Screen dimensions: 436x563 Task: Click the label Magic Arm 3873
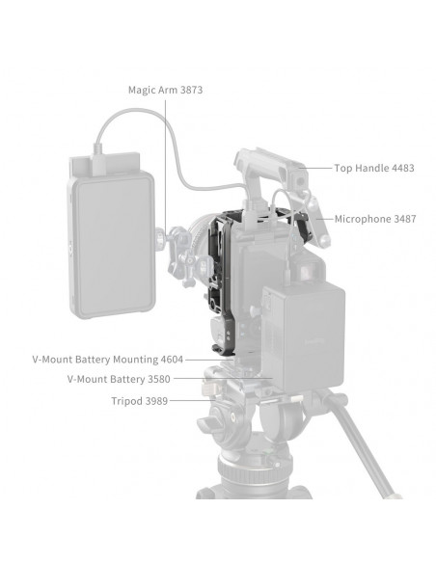pyautogui.click(x=166, y=90)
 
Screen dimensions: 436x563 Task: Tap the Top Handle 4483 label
pyautogui.click(x=374, y=168)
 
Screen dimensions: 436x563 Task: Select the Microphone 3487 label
pyautogui.click(x=375, y=219)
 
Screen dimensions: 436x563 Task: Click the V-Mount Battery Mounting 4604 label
pyautogui.click(x=108, y=360)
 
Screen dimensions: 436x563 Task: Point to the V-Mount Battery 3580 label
pyautogui.click(x=119, y=379)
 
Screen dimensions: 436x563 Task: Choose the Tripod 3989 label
pyautogui.click(x=139, y=401)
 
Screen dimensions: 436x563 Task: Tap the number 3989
pyautogui.click(x=156, y=401)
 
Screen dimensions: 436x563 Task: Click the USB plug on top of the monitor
pyautogui.click(x=98, y=160)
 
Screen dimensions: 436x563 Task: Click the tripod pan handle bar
pyautogui.click(x=359, y=445)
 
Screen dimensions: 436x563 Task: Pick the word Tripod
pyautogui.click(x=126, y=401)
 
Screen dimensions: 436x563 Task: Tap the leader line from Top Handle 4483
pyautogui.click(x=314, y=168)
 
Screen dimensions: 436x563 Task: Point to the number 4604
pyautogui.click(x=172, y=360)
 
